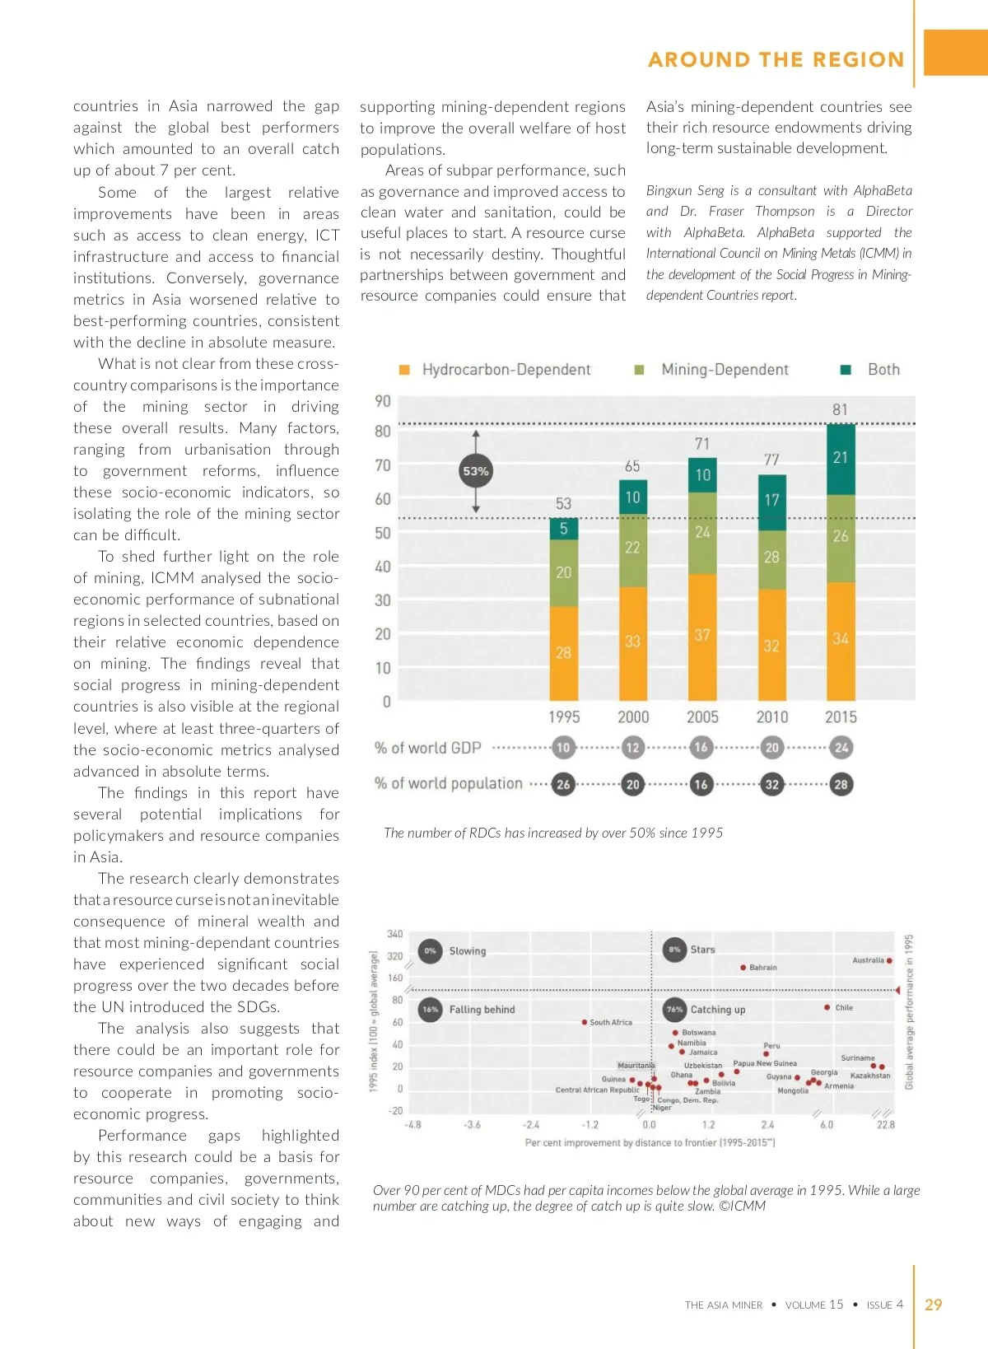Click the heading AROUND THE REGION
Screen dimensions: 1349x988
point(776,59)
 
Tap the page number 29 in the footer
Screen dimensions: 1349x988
point(933,1305)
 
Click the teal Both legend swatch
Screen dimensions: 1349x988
point(845,370)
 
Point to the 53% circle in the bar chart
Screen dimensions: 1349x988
point(476,471)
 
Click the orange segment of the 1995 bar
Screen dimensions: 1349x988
point(564,653)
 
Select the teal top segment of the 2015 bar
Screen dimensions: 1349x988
point(841,459)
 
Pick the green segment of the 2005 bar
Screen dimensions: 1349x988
point(702,533)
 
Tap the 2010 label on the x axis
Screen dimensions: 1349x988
point(772,717)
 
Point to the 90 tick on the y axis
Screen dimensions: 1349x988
point(383,401)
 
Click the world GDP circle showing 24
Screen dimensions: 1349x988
point(841,748)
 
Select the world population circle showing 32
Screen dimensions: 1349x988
point(772,785)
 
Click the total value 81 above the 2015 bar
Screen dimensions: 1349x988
point(840,409)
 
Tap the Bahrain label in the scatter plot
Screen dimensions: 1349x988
point(763,968)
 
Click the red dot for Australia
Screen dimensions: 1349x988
point(889,961)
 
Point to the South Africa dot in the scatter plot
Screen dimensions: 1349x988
point(585,1023)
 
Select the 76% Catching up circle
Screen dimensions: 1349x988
point(675,1009)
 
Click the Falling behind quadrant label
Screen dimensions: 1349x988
point(482,1010)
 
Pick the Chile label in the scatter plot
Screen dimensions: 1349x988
point(844,1008)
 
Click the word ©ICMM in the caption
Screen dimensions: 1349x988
point(742,1207)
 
